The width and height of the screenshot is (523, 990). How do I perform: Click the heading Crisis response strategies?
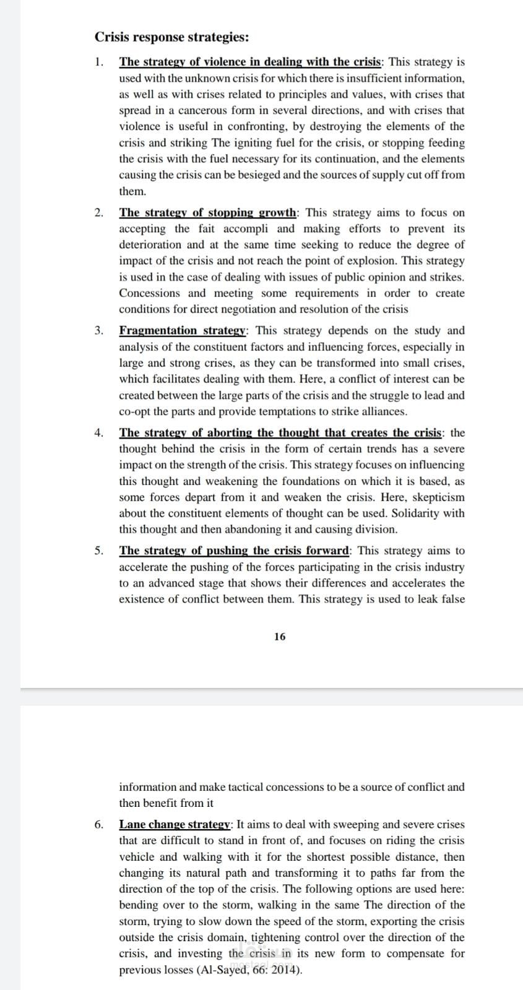click(172, 37)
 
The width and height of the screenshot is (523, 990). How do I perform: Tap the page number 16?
click(280, 636)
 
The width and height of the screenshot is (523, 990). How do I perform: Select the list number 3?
click(99, 330)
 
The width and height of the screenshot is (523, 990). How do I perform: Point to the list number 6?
click(99, 824)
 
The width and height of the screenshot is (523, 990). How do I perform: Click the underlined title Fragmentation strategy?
click(183, 330)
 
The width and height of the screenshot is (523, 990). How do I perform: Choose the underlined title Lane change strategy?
click(175, 824)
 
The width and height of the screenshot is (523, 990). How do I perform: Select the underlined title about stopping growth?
click(208, 213)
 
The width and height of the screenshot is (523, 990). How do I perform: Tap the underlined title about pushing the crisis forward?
click(235, 551)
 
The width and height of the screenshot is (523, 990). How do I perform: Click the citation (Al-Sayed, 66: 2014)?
click(249, 970)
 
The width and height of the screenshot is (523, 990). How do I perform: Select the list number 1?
click(99, 62)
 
